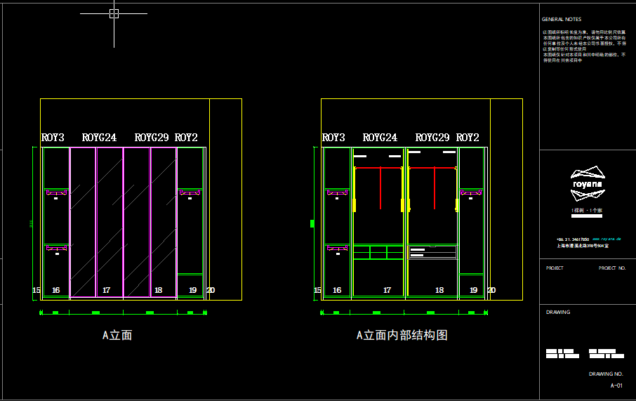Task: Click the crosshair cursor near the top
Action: coord(114,13)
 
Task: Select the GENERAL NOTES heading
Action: coord(562,20)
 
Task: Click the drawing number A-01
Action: coord(616,386)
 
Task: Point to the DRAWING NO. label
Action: coord(606,374)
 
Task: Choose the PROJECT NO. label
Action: coord(611,268)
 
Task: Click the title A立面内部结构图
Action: coord(402,336)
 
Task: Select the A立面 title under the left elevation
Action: coord(117,336)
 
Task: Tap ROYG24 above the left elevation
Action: coord(99,138)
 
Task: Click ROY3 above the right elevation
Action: coord(333,138)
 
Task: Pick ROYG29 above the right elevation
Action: coord(432,138)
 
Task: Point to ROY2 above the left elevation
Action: coord(186,138)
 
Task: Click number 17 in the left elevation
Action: coord(106,290)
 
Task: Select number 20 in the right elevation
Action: coord(491,290)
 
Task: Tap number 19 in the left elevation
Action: coord(192,290)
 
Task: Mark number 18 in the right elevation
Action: coord(439,290)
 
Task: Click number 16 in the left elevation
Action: coord(56,290)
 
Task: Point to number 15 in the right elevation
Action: coord(317,290)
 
